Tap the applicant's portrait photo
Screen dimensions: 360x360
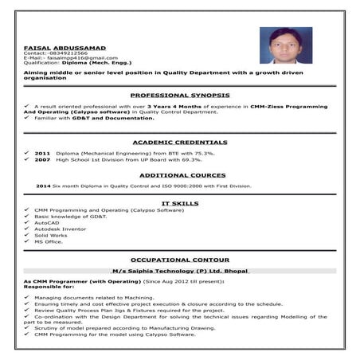tap(285, 46)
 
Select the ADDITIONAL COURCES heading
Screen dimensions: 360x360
tap(179, 174)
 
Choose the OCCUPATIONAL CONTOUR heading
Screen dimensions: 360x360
tap(179, 260)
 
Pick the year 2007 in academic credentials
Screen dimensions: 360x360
tap(43, 159)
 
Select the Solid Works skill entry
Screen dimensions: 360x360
tap(50, 235)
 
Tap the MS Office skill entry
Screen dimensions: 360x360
tap(49, 241)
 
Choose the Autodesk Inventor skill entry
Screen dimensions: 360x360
tap(61, 229)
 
